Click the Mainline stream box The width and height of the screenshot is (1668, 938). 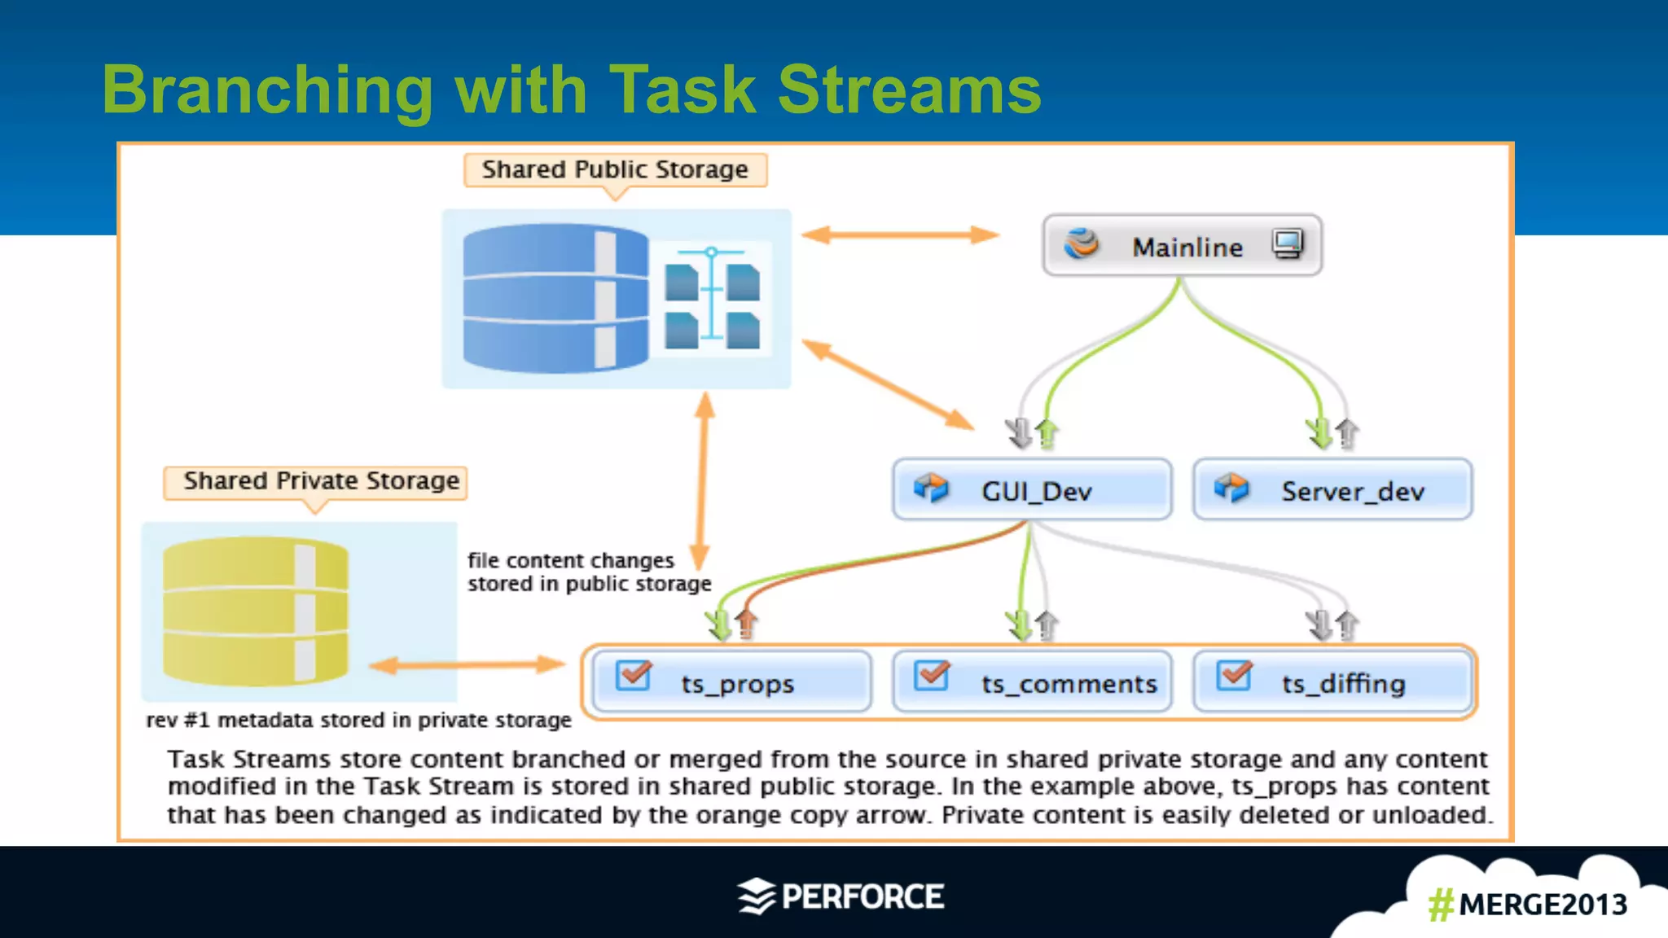[1182, 246]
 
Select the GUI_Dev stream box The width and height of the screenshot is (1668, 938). [1032, 490]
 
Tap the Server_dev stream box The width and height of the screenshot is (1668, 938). [1332, 490]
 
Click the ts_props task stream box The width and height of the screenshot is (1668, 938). [731, 682]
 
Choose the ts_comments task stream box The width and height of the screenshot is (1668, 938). [1032, 682]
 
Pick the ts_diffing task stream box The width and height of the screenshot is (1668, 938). [1332, 682]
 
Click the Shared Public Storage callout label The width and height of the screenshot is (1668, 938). [615, 169]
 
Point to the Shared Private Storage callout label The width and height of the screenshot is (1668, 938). [316, 481]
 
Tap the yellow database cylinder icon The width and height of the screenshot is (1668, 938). [255, 611]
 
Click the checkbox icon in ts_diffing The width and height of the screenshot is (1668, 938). [1234, 675]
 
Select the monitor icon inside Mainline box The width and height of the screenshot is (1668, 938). [1288, 243]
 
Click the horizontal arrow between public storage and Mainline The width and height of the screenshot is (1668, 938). [900, 235]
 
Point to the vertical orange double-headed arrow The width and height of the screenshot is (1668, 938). [703, 480]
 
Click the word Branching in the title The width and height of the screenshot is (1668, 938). [267, 90]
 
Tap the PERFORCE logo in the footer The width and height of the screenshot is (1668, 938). [841, 896]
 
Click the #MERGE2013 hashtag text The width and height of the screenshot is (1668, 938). [1527, 905]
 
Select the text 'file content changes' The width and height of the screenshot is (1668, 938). [570, 560]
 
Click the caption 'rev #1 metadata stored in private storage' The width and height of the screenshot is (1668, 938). [358, 720]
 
